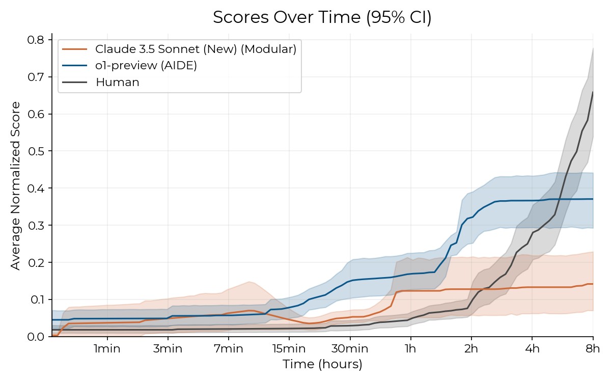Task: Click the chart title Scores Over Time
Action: pos(322,17)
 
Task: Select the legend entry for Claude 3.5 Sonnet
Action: pos(196,49)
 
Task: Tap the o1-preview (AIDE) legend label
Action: pos(146,66)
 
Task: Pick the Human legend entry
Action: pos(117,83)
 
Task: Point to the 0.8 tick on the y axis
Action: pos(39,40)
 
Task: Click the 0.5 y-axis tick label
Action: pos(39,151)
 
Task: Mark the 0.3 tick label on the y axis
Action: pos(39,225)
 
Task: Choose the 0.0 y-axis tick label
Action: pos(39,337)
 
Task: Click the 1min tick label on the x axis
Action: pos(107,350)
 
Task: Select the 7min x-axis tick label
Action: pos(228,350)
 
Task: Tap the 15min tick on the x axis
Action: pos(289,350)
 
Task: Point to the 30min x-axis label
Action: pos(350,350)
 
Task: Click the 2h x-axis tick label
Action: pos(471,350)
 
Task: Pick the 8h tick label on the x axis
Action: pos(593,350)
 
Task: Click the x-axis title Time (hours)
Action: pos(322,365)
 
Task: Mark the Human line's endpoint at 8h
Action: pos(593,92)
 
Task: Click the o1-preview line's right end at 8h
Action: pos(593,199)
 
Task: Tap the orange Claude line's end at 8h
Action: pos(593,284)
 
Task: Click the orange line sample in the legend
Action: pos(74,49)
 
